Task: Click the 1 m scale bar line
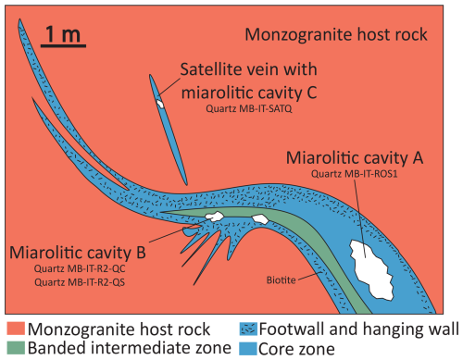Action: pyautogui.click(x=63, y=46)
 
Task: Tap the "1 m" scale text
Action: pyautogui.click(x=63, y=34)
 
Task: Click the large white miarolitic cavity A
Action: pyautogui.click(x=371, y=269)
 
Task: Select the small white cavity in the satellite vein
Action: pyautogui.click(x=160, y=104)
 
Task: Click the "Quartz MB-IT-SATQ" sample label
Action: pyautogui.click(x=249, y=109)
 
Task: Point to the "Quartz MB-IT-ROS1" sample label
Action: pyautogui.click(x=354, y=174)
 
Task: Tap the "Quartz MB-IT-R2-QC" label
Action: pyautogui.click(x=80, y=268)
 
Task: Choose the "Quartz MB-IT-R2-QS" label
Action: pyautogui.click(x=80, y=282)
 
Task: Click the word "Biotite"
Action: pyautogui.click(x=281, y=280)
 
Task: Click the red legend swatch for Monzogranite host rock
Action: pyautogui.click(x=16, y=329)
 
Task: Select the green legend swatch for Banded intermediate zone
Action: pyautogui.click(x=16, y=348)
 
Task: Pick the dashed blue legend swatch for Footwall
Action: pyautogui.click(x=248, y=329)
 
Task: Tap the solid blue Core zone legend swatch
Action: pyautogui.click(x=248, y=349)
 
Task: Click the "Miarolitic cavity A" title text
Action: pyautogui.click(x=355, y=158)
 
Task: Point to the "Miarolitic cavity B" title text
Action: pyautogui.click(x=78, y=253)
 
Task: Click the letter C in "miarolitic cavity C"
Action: pyautogui.click(x=312, y=93)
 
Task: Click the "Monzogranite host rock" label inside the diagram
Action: pyautogui.click(x=336, y=34)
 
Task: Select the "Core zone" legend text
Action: pyautogui.click(x=296, y=349)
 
